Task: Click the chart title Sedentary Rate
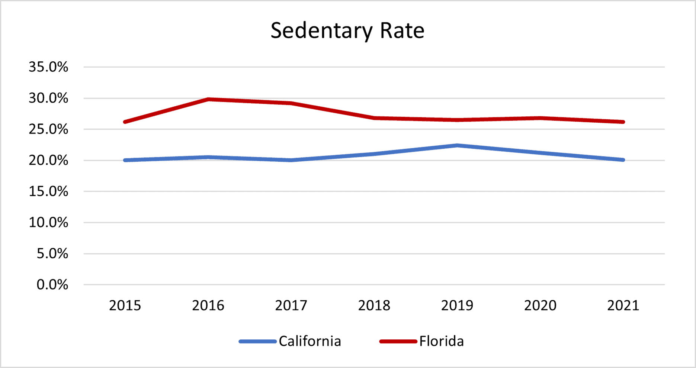click(x=347, y=30)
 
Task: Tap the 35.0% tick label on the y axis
click(x=48, y=67)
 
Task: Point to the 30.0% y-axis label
click(x=48, y=99)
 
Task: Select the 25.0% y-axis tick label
click(x=48, y=129)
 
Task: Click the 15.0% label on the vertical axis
click(x=48, y=191)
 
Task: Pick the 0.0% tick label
click(x=52, y=285)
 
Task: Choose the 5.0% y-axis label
click(x=52, y=254)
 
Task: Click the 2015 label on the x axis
click(x=125, y=306)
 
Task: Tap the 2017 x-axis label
click(x=291, y=306)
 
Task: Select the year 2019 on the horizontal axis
click(x=457, y=306)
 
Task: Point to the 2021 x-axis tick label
click(x=623, y=306)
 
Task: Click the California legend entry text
click(x=310, y=341)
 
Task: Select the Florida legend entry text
click(x=442, y=341)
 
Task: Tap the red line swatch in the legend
click(x=398, y=341)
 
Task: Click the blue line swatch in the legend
click(x=257, y=341)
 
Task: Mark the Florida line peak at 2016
click(x=208, y=99)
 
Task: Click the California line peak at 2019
click(x=457, y=145)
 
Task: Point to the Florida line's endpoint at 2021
click(x=623, y=122)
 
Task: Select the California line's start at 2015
click(x=125, y=160)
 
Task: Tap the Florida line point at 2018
click(x=374, y=118)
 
